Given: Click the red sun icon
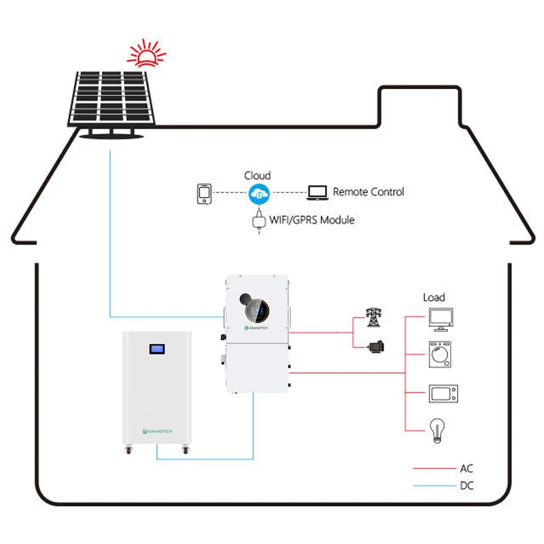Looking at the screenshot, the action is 146,54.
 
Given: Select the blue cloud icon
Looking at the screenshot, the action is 259,194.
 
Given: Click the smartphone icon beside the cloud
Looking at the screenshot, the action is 204,194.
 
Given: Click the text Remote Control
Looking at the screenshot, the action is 368,192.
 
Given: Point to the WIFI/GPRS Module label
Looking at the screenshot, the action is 311,220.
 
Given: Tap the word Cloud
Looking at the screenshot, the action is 257,175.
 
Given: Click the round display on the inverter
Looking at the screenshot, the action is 257,311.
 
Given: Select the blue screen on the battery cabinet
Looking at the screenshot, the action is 157,349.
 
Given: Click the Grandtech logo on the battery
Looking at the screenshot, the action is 157,431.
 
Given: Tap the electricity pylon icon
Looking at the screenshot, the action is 373,317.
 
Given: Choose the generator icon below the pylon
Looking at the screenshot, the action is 376,347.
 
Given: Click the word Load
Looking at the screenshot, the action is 434,297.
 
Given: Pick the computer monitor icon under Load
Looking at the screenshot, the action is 441,320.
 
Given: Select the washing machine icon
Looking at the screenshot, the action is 440,354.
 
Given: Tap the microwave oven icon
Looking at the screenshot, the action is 443,394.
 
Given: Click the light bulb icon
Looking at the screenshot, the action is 437,430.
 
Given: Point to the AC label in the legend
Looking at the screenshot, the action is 466,469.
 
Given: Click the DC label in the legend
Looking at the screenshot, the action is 466,486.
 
